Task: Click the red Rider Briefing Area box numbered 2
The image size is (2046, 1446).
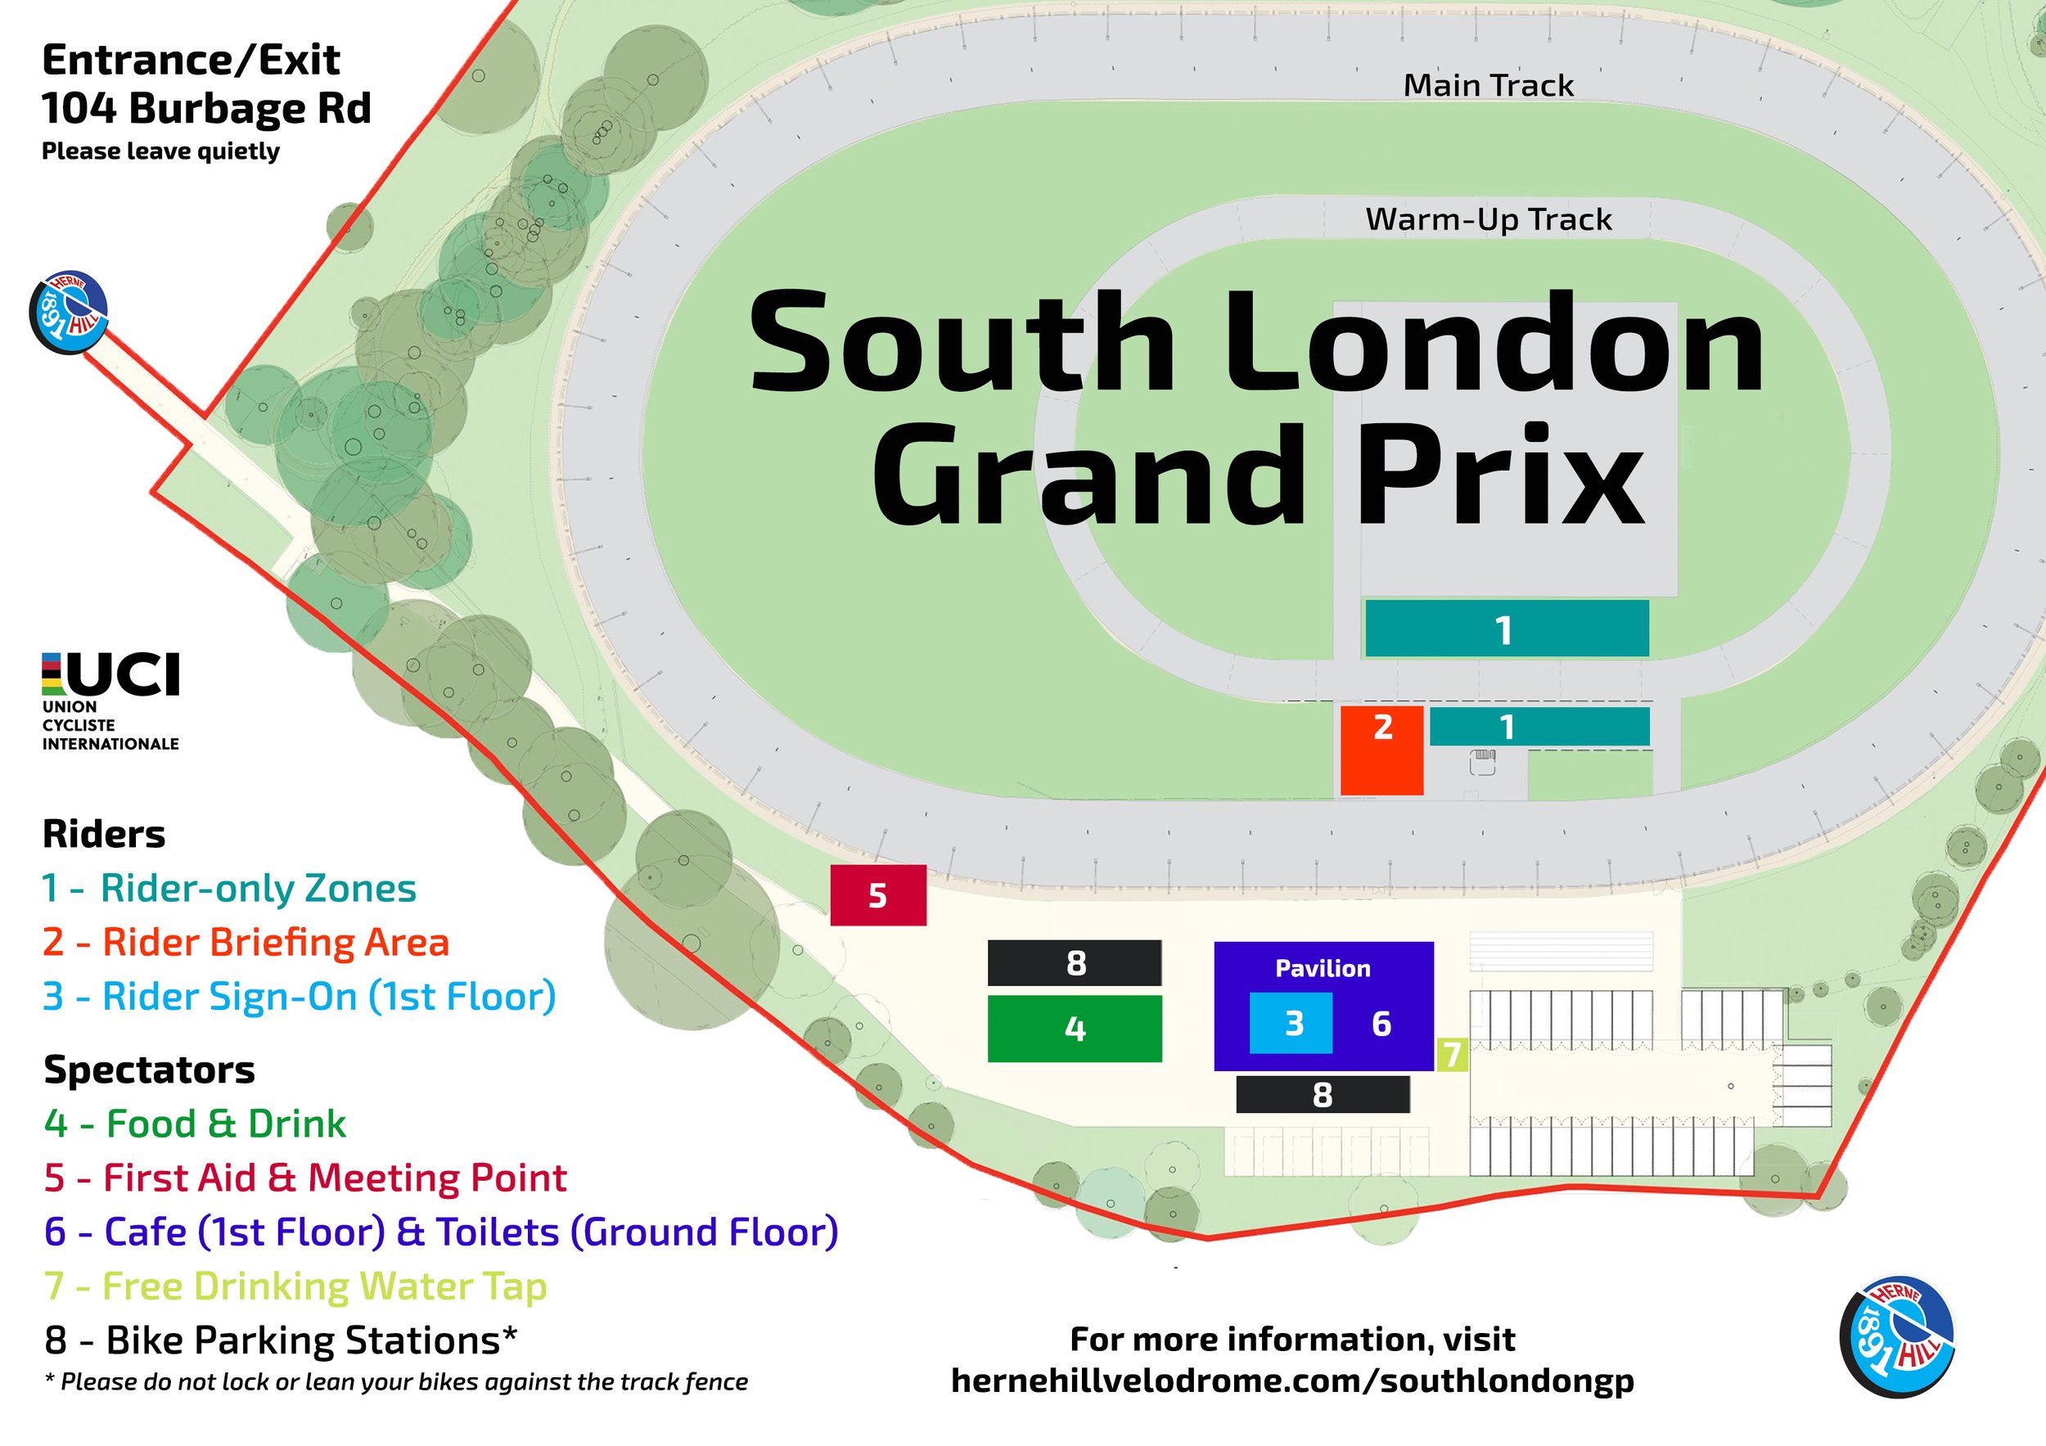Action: (1381, 750)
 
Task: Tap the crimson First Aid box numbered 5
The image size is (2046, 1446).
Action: (878, 894)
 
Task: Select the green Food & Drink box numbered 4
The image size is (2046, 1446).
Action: (1075, 1028)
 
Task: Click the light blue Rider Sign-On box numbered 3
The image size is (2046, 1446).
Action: (1291, 1024)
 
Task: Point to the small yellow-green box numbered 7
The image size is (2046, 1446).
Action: (1452, 1054)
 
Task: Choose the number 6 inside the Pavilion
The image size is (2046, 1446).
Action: (1381, 1024)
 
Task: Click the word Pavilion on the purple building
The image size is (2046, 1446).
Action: (1323, 968)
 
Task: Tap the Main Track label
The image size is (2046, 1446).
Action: (1488, 86)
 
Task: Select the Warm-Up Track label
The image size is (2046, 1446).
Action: (1488, 219)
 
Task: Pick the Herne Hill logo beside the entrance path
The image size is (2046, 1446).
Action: (69, 312)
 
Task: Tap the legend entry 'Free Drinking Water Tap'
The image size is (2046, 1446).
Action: (295, 1286)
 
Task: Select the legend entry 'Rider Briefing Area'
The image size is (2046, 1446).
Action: (247, 943)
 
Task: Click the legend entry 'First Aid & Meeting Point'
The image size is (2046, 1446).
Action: (305, 1178)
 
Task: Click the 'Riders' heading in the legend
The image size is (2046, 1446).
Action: (103, 835)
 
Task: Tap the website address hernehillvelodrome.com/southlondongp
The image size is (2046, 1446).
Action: (1292, 1380)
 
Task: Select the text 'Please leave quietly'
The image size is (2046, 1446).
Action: (160, 151)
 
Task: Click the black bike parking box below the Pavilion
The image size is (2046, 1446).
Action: (1323, 1094)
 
